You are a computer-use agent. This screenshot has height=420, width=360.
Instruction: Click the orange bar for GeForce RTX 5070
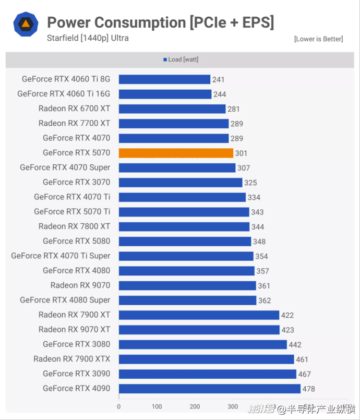(x=176, y=153)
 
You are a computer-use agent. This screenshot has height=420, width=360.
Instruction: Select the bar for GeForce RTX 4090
(x=209, y=389)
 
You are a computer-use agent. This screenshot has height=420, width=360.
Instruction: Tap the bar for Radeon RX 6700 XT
(x=172, y=109)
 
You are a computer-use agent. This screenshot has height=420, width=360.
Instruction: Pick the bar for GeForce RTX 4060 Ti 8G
(x=164, y=79)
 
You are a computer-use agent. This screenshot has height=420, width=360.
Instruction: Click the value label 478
(x=309, y=389)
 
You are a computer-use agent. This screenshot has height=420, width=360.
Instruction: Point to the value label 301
(x=241, y=153)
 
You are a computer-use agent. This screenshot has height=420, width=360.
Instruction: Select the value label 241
(x=218, y=80)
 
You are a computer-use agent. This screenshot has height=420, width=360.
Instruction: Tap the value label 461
(x=302, y=359)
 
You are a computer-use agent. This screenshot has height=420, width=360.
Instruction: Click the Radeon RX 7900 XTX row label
(x=72, y=359)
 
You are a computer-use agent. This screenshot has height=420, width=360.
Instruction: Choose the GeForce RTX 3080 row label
(x=77, y=344)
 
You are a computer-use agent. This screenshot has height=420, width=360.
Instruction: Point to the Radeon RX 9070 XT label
(x=74, y=329)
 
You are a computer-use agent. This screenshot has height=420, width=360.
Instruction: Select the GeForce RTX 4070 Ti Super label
(x=61, y=256)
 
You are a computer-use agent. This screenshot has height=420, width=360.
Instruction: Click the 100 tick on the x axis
(x=157, y=407)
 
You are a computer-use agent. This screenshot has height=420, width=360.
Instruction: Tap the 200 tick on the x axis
(x=195, y=407)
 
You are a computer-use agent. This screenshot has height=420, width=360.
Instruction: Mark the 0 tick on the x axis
(x=119, y=407)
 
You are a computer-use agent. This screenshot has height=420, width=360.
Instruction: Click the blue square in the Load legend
(x=165, y=60)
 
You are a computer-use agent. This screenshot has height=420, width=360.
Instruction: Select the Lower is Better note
(x=318, y=39)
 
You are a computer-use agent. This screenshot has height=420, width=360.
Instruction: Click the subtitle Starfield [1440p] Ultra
(x=88, y=38)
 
